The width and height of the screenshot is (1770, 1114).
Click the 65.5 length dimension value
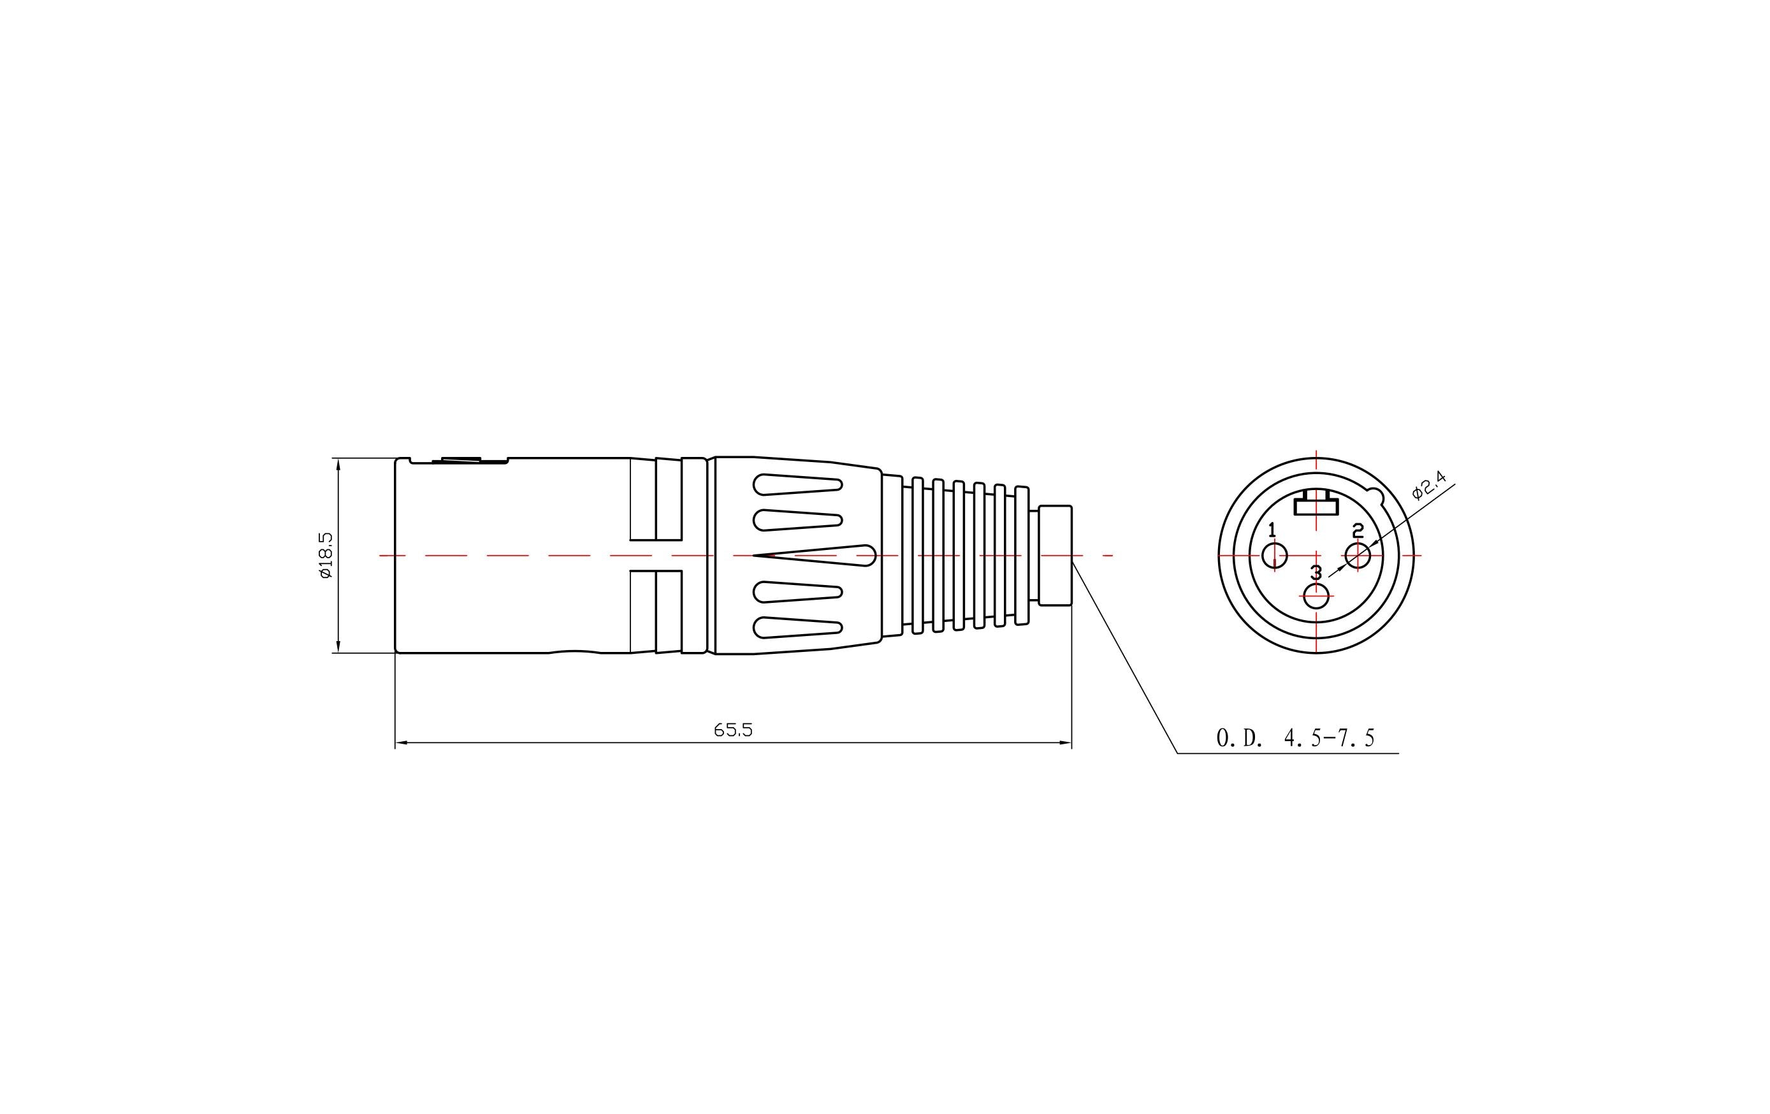733,730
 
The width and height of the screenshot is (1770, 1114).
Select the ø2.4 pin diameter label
1429,486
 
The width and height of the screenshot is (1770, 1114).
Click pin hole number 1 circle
1275,556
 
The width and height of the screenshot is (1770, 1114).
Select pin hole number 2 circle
1358,556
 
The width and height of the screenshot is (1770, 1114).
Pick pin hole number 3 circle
1316,596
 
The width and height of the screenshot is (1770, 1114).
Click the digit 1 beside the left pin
1272,530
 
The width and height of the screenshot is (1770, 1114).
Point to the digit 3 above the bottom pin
1316,572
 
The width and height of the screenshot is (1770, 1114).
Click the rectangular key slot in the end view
1316,506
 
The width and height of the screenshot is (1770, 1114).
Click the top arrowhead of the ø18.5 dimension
338,463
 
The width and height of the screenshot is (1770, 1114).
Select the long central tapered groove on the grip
816,556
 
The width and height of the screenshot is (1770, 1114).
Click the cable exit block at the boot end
1055,556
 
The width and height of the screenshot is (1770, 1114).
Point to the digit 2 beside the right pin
1358,530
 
